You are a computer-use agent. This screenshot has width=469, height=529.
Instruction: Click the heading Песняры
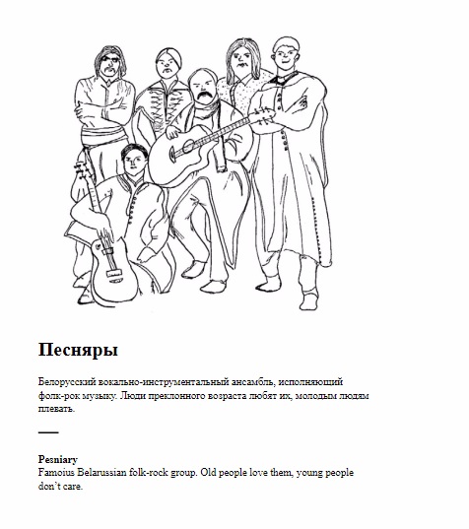coord(78,350)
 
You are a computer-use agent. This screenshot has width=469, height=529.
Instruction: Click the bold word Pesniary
coord(58,459)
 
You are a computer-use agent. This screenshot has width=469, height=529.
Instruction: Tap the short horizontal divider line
coord(48,432)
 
